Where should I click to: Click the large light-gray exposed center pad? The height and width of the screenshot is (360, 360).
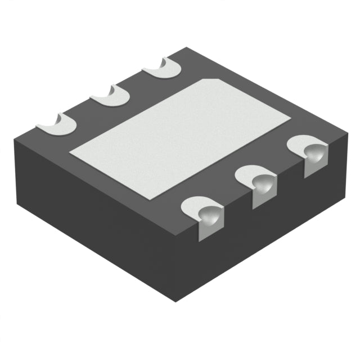tap(180, 138)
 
